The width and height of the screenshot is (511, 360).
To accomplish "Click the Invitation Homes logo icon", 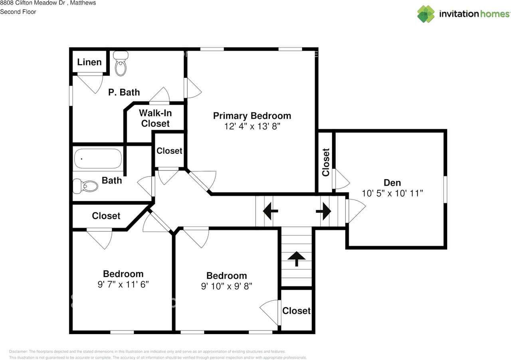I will click(x=426, y=14).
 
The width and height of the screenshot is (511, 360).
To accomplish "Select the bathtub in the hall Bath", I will click(x=97, y=159).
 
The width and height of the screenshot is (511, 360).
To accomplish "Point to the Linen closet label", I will click(x=89, y=62).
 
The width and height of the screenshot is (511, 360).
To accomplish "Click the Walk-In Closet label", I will click(x=155, y=118).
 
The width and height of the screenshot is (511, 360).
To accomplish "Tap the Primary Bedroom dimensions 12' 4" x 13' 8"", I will click(x=252, y=126).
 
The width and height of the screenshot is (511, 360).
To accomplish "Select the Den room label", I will click(x=392, y=183).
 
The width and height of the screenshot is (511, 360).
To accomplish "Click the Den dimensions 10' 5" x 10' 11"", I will click(x=392, y=193).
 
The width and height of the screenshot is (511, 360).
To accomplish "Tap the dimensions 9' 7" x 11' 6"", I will click(x=123, y=284).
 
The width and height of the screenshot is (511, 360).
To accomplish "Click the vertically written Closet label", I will click(x=326, y=162).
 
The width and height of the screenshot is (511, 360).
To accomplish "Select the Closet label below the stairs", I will click(x=296, y=311).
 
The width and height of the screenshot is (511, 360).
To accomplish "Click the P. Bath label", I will click(x=124, y=92).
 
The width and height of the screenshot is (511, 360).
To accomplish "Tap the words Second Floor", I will click(x=18, y=12).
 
